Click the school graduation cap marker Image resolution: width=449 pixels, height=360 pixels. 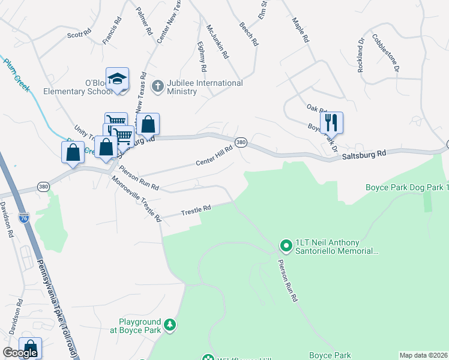coord(118,79)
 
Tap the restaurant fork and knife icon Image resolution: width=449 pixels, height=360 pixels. coord(331,123)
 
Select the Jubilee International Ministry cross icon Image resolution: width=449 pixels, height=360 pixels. coord(158,86)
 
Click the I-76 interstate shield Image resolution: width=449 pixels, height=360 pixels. coord(24,218)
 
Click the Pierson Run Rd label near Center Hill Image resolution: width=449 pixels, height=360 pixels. coord(139,178)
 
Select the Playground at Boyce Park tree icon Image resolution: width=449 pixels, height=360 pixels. coord(170,325)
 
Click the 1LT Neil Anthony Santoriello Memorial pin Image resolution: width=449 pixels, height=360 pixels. coord(286,245)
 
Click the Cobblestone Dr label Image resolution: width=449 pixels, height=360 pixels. coord(385,53)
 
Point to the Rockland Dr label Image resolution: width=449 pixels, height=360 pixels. coord(361,56)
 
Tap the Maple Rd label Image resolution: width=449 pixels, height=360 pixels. coord(300,29)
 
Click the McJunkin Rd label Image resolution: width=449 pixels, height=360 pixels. coord(217,41)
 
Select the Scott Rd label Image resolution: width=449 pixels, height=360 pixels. coord(79,34)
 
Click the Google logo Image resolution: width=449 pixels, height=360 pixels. coord(20,353)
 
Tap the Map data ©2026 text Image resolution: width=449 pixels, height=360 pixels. coord(423,355)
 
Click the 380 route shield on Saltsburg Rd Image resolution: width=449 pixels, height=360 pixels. coord(241,142)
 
